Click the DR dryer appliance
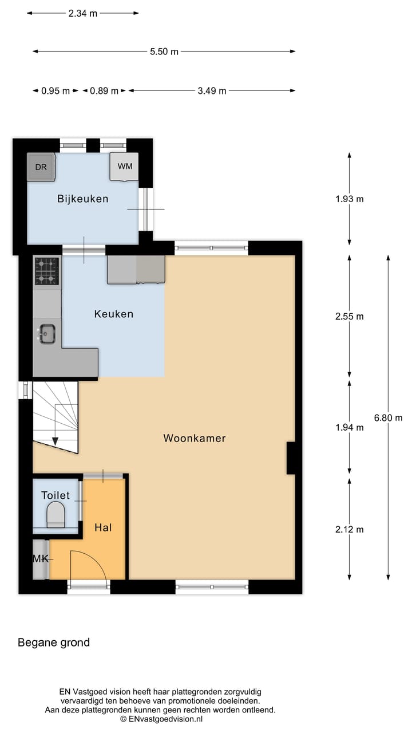[x=41, y=167]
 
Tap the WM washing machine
[x=124, y=167]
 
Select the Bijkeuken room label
[x=82, y=199]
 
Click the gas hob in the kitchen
[x=46, y=271]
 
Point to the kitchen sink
[x=46, y=333]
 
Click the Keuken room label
[x=113, y=314]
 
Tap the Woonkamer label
[x=195, y=438]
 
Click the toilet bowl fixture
[x=56, y=514]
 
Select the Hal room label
[x=103, y=527]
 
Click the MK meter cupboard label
[x=40, y=559]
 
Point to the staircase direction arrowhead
[x=56, y=441]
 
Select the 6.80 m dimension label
[x=388, y=418]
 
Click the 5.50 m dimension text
[x=164, y=52]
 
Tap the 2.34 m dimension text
[x=83, y=14]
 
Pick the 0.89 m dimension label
[x=104, y=90]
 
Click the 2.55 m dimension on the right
[x=349, y=316]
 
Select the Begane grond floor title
[x=54, y=643]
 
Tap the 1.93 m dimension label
[x=349, y=199]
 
